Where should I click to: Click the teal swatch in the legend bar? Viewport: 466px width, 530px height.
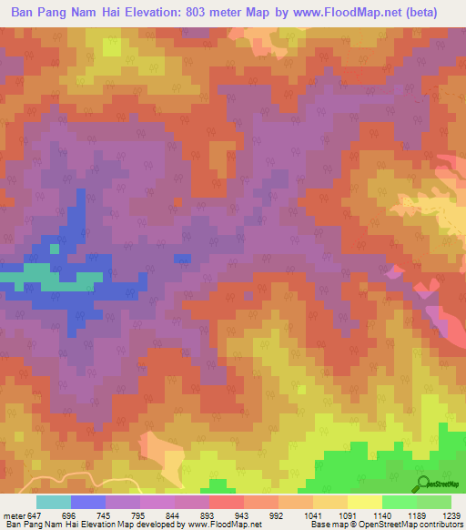pos(54,502)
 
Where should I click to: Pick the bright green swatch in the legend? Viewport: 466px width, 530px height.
pos(398,502)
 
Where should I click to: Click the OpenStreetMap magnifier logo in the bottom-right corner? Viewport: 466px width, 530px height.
pos(424,483)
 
